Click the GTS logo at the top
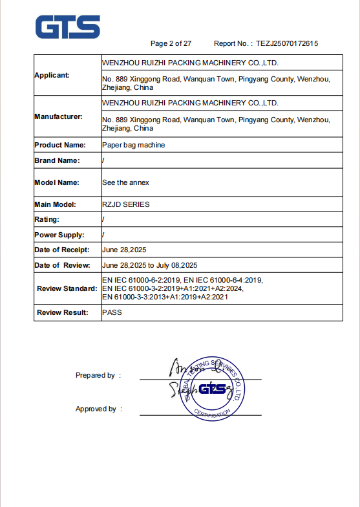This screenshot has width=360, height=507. [68, 27]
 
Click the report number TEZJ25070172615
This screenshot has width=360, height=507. [287, 43]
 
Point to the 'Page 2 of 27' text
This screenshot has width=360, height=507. [171, 43]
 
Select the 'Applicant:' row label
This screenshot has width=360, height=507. [52, 75]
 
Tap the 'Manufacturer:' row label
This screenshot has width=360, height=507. [58, 116]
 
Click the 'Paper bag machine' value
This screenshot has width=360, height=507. [133, 145]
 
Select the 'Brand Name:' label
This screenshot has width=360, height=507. [57, 160]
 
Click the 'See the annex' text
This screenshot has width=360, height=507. [125, 182]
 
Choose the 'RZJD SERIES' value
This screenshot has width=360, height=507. [125, 204]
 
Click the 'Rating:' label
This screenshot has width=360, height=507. [47, 220]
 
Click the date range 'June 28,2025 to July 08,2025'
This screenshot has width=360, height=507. [149, 265]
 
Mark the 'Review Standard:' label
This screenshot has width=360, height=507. [67, 288]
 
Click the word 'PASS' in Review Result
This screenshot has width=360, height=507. [112, 312]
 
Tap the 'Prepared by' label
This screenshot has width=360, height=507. [95, 375]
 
